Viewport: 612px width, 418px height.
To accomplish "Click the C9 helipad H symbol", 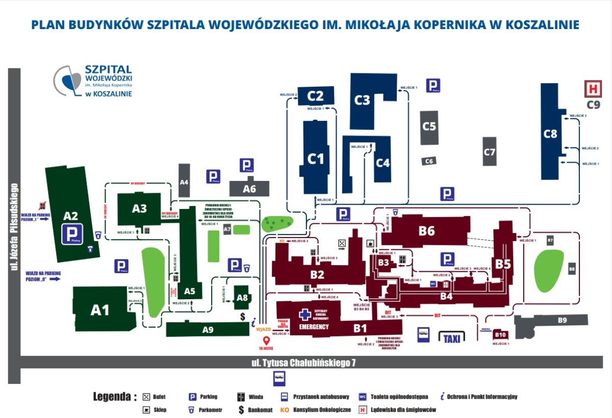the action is pyautogui.click(x=593, y=89).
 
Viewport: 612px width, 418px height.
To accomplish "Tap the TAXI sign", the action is pyautogui.click(x=451, y=338).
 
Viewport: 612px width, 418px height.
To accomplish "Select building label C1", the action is pyautogui.click(x=316, y=159).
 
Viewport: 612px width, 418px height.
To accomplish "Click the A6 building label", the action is pyautogui.click(x=249, y=189).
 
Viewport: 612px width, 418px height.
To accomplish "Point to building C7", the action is pyautogui.click(x=490, y=151).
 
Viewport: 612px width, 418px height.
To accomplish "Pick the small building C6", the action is pyautogui.click(x=429, y=161).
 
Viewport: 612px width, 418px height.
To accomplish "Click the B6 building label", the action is pyautogui.click(x=427, y=231).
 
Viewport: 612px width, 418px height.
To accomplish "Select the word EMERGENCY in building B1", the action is pyautogui.click(x=314, y=327).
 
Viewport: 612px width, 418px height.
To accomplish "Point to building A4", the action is pyautogui.click(x=184, y=181).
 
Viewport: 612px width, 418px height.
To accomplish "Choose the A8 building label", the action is pyautogui.click(x=242, y=298).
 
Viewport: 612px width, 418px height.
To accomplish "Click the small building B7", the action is pyautogui.click(x=550, y=240).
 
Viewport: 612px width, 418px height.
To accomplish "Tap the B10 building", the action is pyautogui.click(x=500, y=335).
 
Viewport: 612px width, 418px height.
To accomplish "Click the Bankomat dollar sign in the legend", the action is pyautogui.click(x=241, y=409).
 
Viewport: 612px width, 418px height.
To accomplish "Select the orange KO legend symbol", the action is pyautogui.click(x=285, y=409).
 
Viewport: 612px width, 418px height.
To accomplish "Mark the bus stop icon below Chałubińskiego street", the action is pyautogui.click(x=279, y=378).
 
